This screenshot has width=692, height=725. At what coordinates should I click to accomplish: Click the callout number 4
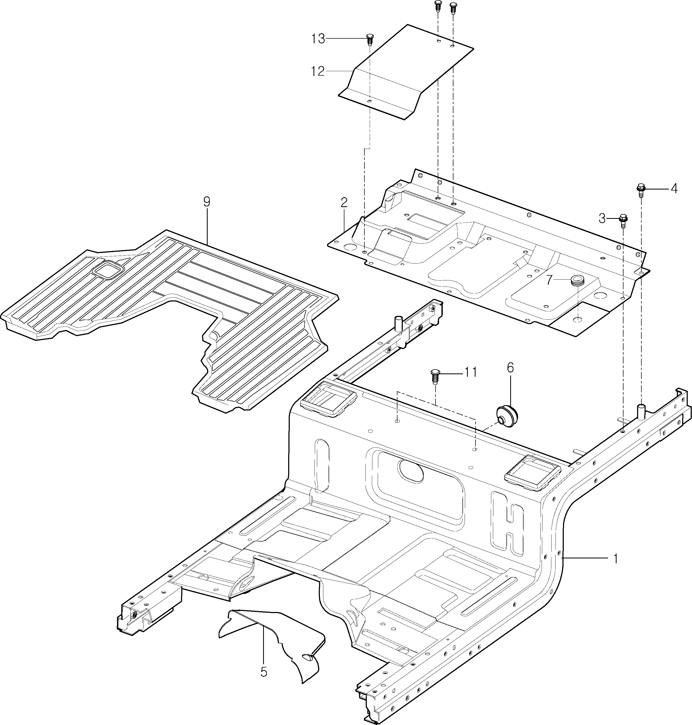tap(674, 189)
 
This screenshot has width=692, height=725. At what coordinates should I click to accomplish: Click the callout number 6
tap(510, 368)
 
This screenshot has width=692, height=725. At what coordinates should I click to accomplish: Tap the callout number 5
tap(263, 672)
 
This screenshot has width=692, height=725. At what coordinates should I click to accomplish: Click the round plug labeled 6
tap(506, 416)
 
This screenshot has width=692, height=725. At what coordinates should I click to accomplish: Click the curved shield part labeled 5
tap(273, 642)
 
